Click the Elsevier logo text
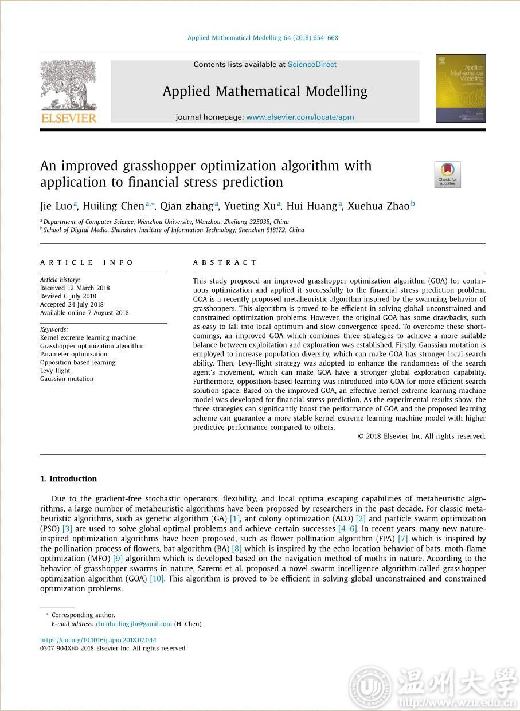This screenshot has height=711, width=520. click(68, 118)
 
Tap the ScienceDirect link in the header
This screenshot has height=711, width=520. click(312, 65)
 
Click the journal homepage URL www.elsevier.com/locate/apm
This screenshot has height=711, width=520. click(300, 117)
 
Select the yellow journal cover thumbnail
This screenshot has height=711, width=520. click(460, 88)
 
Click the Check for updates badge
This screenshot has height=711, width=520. click(447, 174)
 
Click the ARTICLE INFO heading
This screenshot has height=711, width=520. click(87, 262)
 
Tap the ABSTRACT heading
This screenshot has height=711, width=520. click(225, 262)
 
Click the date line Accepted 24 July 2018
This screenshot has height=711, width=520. click(72, 304)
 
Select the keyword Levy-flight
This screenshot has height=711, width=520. click(55, 371)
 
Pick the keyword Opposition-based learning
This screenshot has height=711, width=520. click(77, 362)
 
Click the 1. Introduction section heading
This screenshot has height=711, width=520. click(69, 479)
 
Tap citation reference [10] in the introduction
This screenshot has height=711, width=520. click(157, 579)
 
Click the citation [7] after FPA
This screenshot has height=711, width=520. click(402, 539)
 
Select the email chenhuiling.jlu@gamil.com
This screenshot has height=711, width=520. click(134, 624)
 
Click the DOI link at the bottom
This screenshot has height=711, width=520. click(98, 640)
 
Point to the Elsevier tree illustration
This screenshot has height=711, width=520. click(69, 85)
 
